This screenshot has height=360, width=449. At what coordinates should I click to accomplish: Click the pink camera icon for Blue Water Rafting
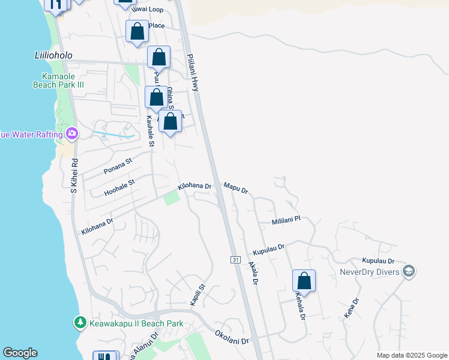[x=72, y=133]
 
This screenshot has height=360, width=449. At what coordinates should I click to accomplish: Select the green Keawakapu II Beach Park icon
[x=80, y=323]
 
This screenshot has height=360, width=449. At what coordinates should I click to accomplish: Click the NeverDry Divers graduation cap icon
[x=409, y=271]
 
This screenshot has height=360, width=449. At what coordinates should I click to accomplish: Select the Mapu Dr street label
[x=236, y=188]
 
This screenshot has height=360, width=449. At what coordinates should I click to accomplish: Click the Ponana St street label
[x=118, y=166]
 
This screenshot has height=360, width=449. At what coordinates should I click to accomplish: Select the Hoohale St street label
[x=119, y=186]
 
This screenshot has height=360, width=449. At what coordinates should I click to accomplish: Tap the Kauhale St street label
[x=151, y=131]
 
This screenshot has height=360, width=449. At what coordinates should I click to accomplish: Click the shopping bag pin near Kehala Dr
[x=304, y=281]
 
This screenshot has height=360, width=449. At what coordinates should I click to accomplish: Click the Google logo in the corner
[x=20, y=353]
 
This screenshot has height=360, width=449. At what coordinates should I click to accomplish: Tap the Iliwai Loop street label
[x=147, y=10]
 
